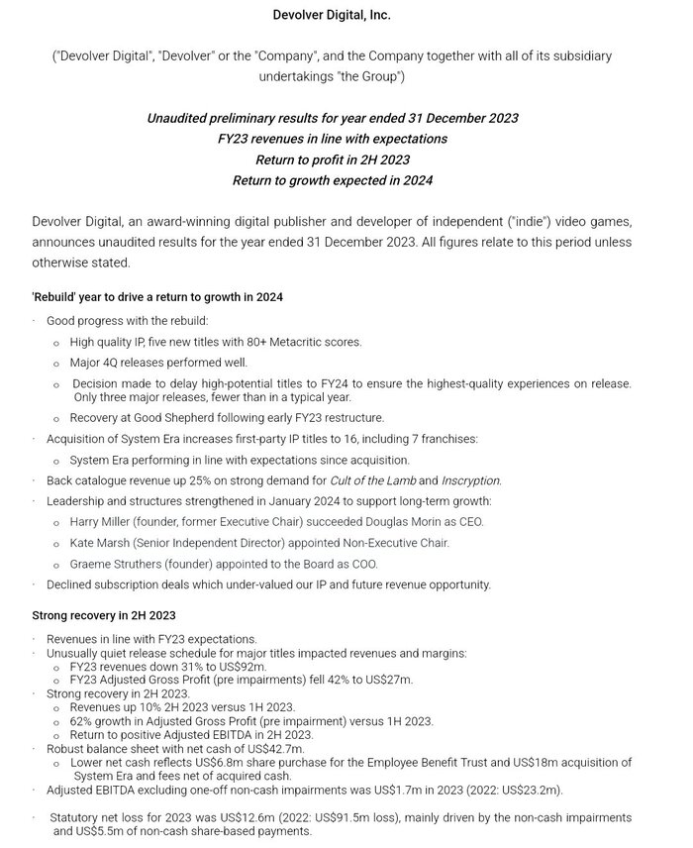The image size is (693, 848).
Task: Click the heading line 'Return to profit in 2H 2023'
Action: pos(332,159)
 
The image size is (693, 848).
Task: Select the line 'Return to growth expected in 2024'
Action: pos(332,180)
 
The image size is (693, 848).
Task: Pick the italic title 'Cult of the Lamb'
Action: pos(372,480)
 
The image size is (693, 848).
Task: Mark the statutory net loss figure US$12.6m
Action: pos(212,817)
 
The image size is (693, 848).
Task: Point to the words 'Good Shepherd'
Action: pos(165,418)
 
